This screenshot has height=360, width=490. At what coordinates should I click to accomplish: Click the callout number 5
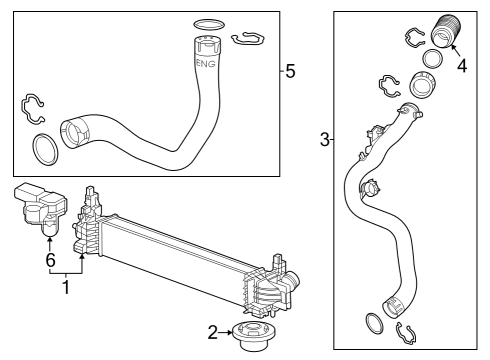pos(290,72)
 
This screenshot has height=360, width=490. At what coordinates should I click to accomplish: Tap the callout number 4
pos(461,67)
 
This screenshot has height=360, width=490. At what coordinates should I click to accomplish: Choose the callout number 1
pos(67,289)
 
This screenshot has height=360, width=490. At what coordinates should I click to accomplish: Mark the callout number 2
pos(212,330)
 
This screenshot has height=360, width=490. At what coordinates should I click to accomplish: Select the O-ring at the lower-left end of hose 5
pos(45,149)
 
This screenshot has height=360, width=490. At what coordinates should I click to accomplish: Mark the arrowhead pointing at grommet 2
pos(229,330)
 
